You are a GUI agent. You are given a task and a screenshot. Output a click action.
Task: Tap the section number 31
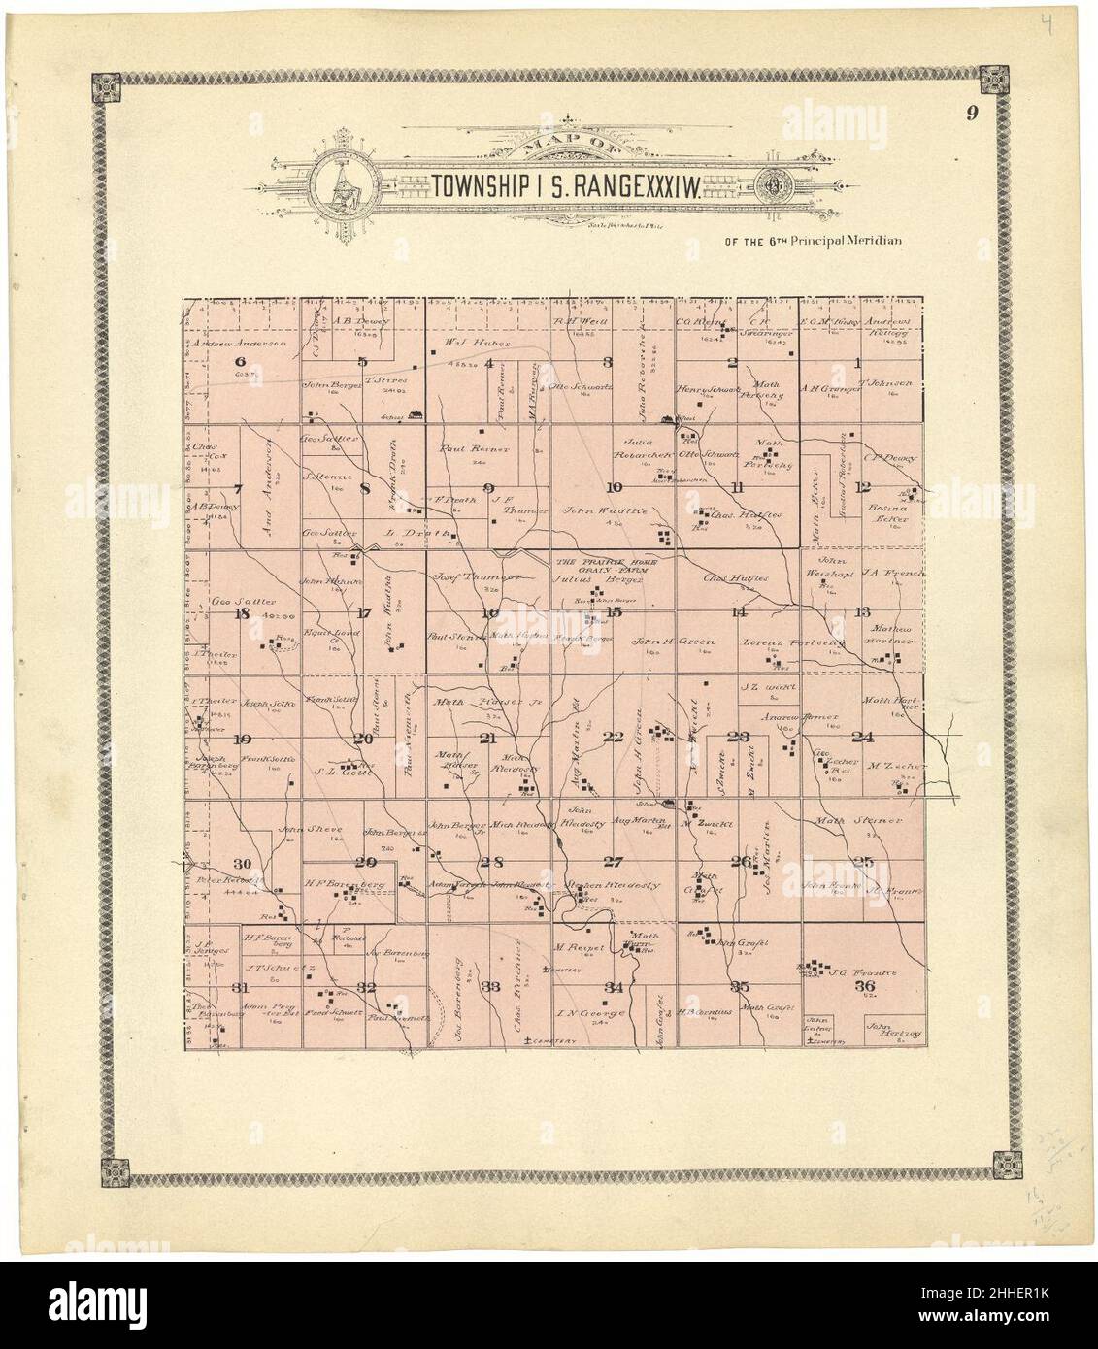tap(242, 987)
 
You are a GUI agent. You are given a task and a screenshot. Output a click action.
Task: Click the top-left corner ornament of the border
tap(105, 87)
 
